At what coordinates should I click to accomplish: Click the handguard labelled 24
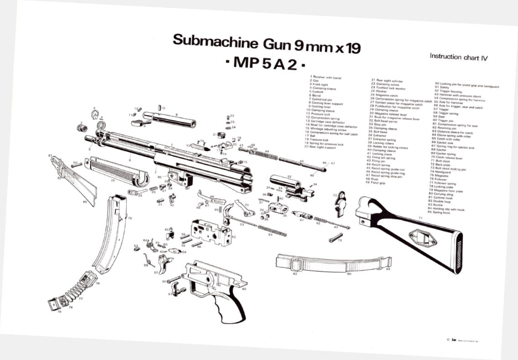116,171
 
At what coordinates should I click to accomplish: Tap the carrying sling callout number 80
349,274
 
